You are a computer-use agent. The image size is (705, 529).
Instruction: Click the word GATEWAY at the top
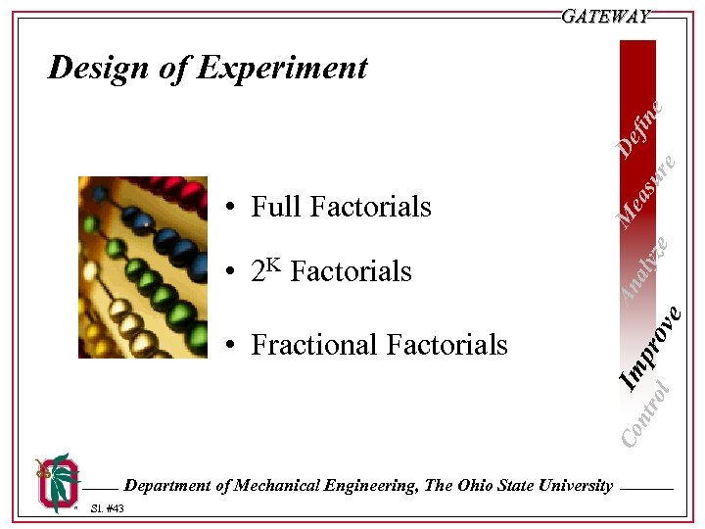click(606, 17)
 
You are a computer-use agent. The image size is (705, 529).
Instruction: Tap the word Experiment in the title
click(282, 68)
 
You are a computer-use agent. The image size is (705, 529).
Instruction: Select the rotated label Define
click(642, 128)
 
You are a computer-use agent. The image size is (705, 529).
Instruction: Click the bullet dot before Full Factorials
click(227, 208)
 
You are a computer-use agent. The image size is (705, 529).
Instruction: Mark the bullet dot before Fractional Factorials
click(227, 346)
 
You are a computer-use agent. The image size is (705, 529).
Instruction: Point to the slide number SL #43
click(106, 508)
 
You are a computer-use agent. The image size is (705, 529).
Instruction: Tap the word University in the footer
click(573, 485)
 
